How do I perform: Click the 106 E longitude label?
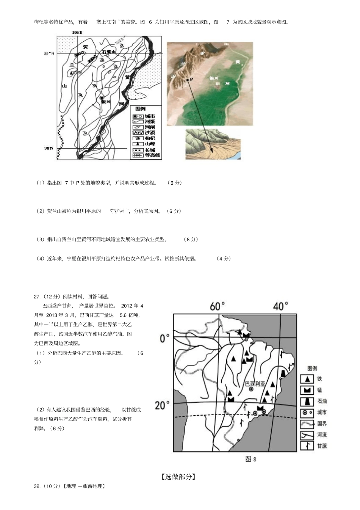[x=77, y=33]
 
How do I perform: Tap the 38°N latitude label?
[x=49, y=148]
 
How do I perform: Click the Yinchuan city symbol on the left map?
[x=102, y=97]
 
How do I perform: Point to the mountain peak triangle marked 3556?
[x=71, y=72]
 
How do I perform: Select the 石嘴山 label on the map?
[x=108, y=52]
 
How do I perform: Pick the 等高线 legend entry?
[x=146, y=155]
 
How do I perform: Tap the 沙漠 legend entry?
[x=146, y=133]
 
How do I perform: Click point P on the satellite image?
[x=187, y=80]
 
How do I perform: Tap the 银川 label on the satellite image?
[x=214, y=78]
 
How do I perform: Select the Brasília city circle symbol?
[x=251, y=389]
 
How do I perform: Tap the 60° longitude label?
[x=218, y=306]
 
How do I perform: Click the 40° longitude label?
[x=280, y=306]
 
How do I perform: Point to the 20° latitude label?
[x=162, y=405]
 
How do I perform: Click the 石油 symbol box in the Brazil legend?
[x=307, y=401]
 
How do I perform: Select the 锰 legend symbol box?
[x=307, y=390]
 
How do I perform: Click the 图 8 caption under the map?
[x=251, y=459]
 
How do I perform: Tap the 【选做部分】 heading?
[x=178, y=477]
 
